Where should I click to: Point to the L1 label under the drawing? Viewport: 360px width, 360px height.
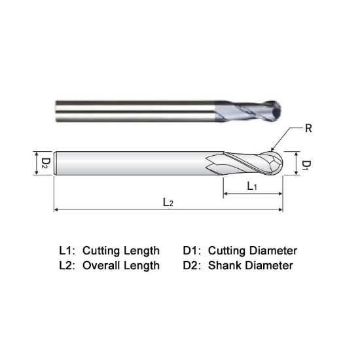pos(252,186)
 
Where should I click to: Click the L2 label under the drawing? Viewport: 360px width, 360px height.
pos(168,202)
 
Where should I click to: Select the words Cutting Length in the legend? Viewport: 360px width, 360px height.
pos(120,251)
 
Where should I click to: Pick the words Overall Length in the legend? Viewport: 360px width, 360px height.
pos(120,265)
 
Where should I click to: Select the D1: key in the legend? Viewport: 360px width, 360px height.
pos(192,251)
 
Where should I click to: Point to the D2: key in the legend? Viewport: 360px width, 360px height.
pos(192,265)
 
